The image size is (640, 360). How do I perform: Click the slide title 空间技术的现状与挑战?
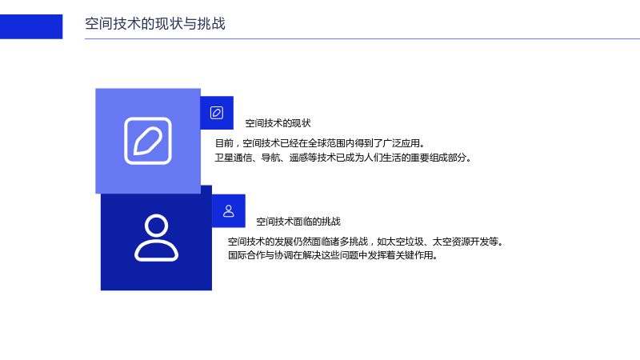(155, 24)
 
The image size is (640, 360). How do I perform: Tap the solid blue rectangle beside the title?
(31, 26)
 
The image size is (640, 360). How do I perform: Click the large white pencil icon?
(148, 141)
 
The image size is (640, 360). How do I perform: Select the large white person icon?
(156, 238)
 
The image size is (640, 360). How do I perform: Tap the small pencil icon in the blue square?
(217, 113)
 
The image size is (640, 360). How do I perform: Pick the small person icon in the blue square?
(229, 211)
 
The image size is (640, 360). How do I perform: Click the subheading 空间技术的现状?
(278, 123)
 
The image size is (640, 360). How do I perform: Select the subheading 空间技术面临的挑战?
(298, 222)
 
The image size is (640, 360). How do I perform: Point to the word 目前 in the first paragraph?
(224, 143)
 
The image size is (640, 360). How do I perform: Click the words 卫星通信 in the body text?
(234, 158)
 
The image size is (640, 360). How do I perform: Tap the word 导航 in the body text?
(270, 158)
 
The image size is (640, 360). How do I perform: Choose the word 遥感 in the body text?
(298, 158)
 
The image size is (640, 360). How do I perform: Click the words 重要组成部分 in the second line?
(438, 158)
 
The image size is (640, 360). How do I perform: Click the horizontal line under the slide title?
(362, 38)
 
